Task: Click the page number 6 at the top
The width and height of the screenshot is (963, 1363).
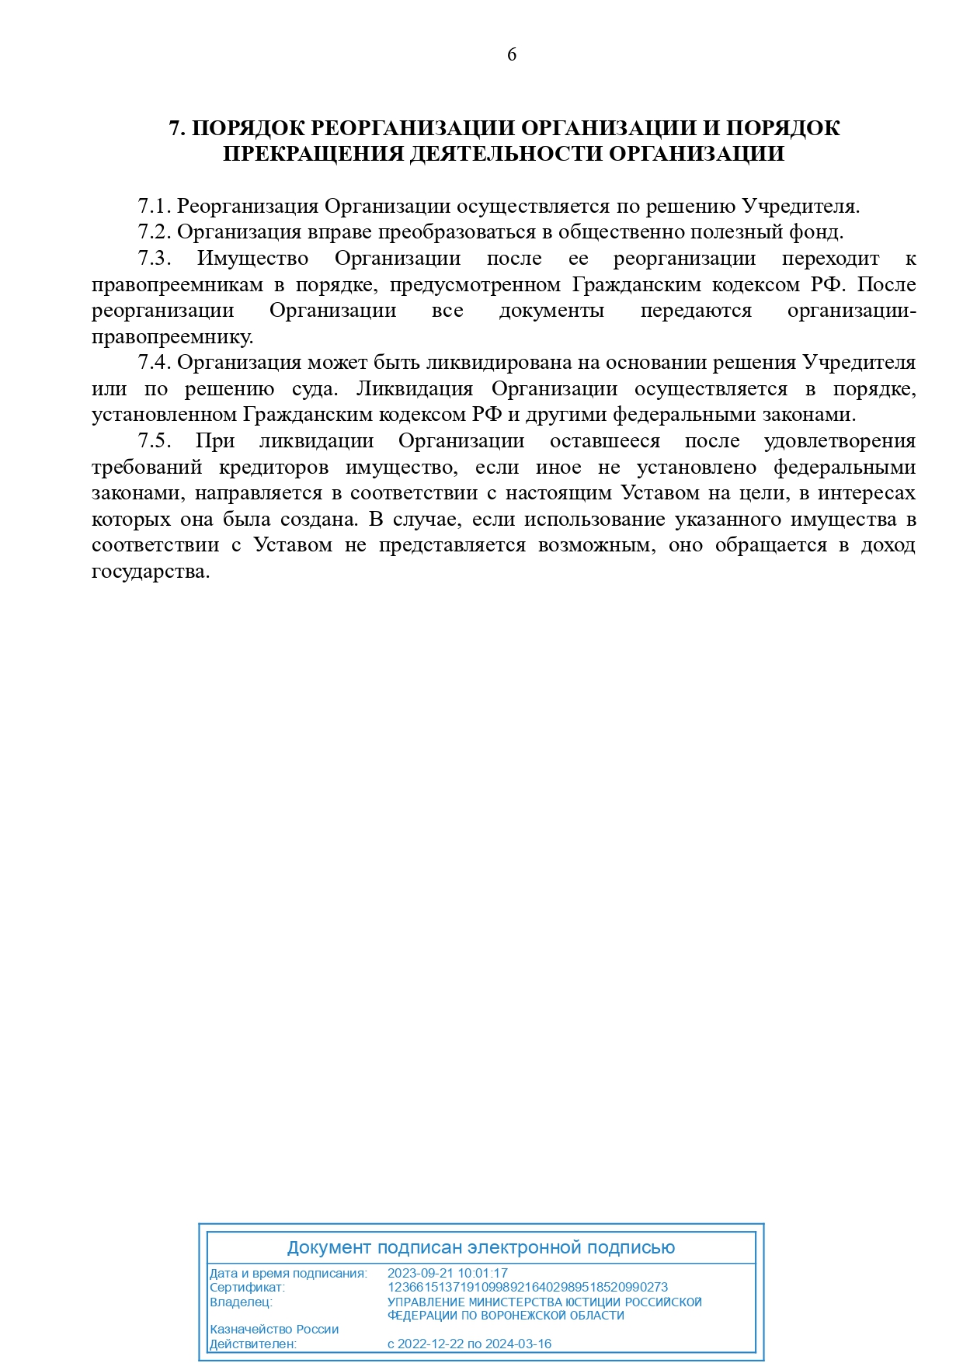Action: (x=511, y=54)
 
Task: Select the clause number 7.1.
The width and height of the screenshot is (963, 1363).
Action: (x=154, y=207)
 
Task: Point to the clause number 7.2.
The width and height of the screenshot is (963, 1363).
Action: (x=154, y=232)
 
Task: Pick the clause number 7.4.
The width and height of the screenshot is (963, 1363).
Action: (x=154, y=363)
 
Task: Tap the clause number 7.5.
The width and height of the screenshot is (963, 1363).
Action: (x=154, y=441)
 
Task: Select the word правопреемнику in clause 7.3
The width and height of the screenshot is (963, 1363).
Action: (x=172, y=337)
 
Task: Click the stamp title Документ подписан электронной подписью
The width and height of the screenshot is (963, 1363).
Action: (x=481, y=1248)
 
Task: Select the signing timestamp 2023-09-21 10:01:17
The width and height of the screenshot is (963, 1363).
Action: (x=447, y=1274)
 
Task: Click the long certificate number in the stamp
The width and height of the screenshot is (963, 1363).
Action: (x=527, y=1287)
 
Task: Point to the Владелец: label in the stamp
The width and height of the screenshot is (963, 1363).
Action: (x=241, y=1302)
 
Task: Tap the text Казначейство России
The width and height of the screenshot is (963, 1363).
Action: (x=274, y=1330)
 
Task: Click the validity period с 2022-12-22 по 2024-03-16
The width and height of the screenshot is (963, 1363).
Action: (x=469, y=1344)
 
